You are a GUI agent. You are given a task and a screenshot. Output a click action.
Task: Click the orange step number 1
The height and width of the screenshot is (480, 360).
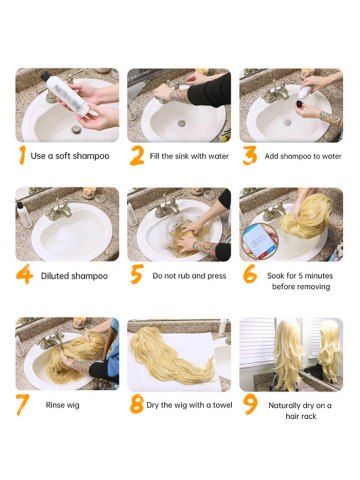[22, 155]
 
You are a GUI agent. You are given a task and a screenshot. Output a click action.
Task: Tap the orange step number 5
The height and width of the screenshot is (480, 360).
[137, 274]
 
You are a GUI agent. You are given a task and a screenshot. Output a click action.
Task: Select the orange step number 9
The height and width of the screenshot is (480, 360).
[250, 404]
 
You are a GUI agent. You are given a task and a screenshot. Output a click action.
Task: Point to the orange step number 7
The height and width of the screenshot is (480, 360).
[22, 405]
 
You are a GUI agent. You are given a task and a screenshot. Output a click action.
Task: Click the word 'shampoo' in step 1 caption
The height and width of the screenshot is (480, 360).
[91, 156]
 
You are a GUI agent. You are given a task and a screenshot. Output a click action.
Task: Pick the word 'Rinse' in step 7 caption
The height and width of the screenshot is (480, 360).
[54, 405]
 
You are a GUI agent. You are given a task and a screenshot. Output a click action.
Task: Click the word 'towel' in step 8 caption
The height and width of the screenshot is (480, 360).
[223, 405]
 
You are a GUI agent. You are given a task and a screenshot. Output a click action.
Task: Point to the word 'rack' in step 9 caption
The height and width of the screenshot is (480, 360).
[309, 416]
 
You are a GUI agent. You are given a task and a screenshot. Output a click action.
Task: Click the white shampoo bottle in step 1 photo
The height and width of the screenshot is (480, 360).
[68, 95]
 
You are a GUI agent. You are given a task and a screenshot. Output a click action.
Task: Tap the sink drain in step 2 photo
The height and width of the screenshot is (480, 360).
[182, 123]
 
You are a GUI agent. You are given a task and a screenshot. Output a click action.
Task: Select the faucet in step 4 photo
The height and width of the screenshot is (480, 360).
[59, 210]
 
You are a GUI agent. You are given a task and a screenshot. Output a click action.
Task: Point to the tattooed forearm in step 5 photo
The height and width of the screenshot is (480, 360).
[204, 247]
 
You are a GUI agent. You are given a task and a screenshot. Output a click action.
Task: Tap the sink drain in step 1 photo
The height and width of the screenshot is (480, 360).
[76, 129]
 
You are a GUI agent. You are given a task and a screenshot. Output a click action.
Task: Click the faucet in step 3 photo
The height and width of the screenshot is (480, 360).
[275, 93]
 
